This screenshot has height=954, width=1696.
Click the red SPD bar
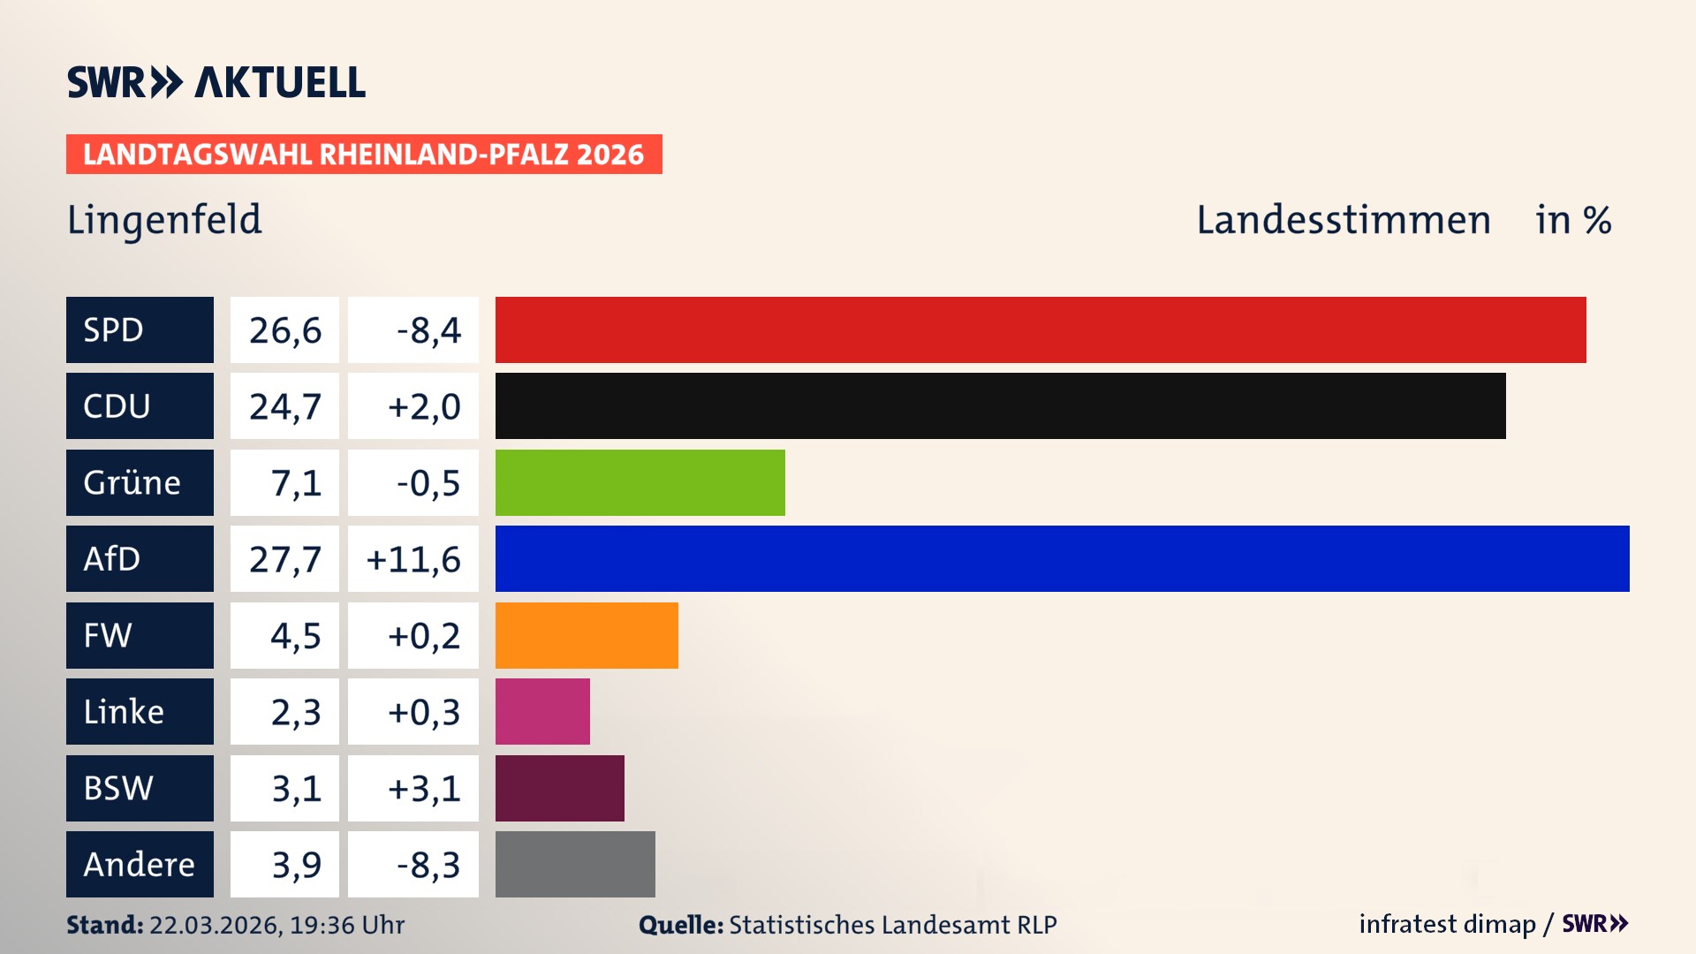point(1041,329)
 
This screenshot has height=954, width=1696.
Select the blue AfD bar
point(1062,558)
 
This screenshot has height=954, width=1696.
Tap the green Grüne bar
point(640,482)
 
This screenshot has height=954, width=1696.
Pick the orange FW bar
point(587,635)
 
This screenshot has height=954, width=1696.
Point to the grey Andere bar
point(575,864)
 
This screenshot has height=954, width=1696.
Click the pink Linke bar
point(542,711)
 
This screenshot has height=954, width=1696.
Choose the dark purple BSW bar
point(559,788)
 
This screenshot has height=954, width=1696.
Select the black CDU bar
point(1000,405)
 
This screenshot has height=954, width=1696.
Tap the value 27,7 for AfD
point(284,559)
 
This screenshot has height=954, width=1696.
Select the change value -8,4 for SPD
point(428,330)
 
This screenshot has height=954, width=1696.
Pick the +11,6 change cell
point(413,559)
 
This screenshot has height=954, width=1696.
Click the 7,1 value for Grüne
point(295,483)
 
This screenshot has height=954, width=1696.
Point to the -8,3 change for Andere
point(428,865)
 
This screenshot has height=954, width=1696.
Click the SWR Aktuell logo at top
point(216,82)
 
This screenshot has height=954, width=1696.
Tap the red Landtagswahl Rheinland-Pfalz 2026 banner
point(363,155)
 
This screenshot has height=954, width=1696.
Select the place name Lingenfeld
point(164,220)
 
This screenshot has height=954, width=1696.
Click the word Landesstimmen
point(1343,220)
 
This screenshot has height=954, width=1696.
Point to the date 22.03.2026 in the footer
point(215,925)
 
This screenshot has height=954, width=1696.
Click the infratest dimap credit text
point(1446,924)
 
